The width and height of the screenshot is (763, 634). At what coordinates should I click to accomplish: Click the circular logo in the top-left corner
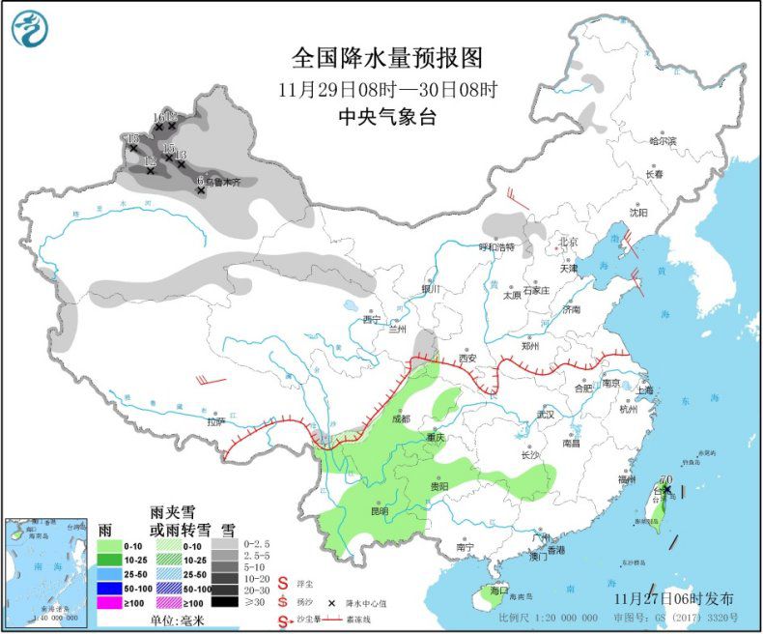30,28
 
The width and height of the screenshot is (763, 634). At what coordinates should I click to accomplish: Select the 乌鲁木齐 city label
213,181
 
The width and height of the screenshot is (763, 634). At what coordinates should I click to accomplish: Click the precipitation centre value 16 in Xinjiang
158,117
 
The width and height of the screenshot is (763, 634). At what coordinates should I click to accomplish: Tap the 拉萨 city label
214,421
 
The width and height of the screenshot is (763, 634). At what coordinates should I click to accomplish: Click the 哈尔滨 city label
663,141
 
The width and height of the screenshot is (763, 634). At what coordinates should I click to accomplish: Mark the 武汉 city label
547,415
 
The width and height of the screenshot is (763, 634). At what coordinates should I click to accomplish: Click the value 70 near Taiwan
664,479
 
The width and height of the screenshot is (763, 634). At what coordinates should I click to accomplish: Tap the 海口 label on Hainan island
498,590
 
